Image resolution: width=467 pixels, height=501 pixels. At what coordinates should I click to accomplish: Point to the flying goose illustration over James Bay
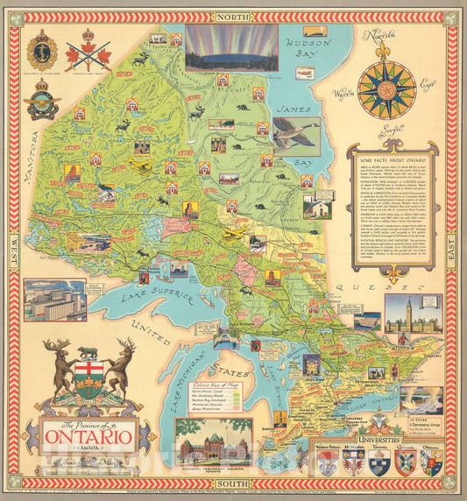(x=295, y=136)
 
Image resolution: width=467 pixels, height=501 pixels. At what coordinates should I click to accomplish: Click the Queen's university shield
(x=406, y=461)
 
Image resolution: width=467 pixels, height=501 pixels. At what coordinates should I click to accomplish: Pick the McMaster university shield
(x=352, y=461)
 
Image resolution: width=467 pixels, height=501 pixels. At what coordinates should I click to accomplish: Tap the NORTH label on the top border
(x=232, y=17)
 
